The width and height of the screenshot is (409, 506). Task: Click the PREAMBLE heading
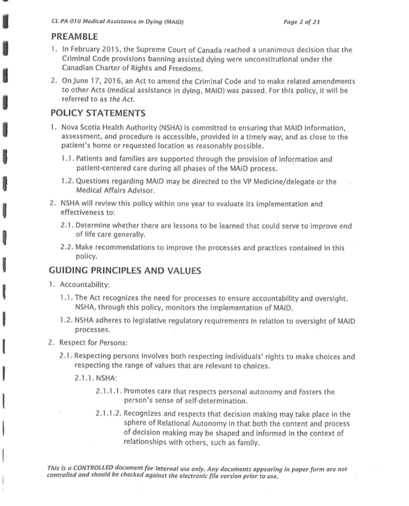tap(77, 36)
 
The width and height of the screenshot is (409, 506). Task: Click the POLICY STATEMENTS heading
tap(98, 114)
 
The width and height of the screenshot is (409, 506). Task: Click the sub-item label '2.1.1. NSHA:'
tap(96, 378)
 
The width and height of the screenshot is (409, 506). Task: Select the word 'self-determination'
tap(210, 400)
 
